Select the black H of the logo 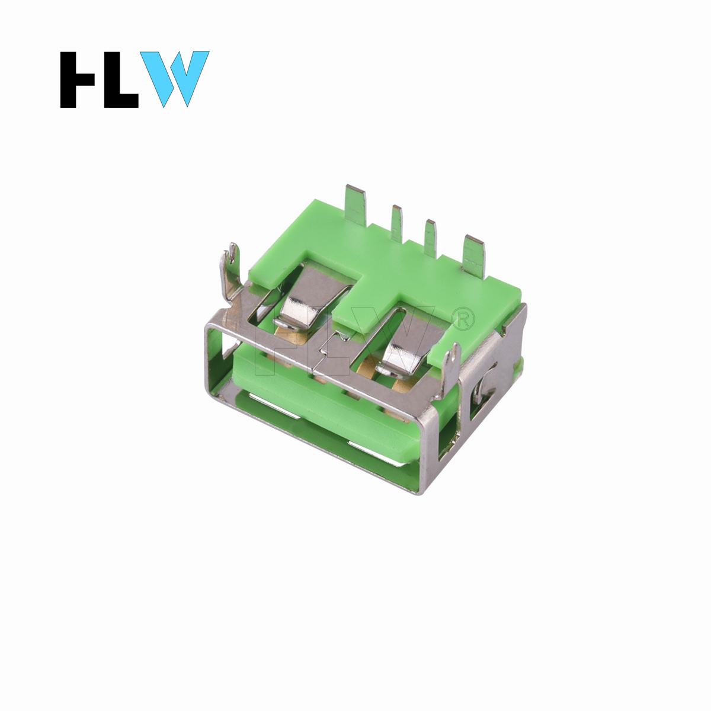pyautogui.click(x=77, y=80)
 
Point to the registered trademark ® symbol pyautogui.click(x=463, y=319)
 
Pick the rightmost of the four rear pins pyautogui.click(x=474, y=257)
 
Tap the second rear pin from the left pyautogui.click(x=397, y=223)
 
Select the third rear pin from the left pyautogui.click(x=430, y=238)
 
